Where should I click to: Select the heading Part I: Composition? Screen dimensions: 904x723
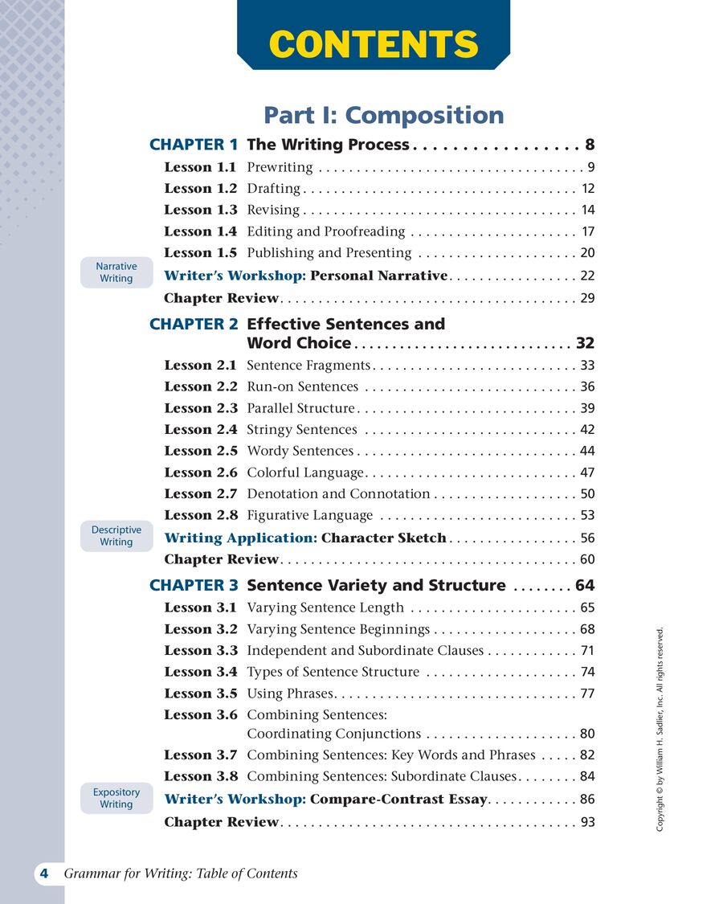tap(384, 115)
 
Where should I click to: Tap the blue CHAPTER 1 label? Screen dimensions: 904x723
tap(194, 145)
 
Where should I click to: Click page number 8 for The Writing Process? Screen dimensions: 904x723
tap(590, 145)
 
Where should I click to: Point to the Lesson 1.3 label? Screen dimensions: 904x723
tap(201, 210)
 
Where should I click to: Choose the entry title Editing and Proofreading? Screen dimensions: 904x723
tap(326, 231)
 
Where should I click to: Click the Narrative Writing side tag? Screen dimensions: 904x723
tap(116, 272)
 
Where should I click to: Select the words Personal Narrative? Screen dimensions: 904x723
tap(378, 276)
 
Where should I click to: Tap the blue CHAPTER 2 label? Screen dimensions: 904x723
tap(194, 325)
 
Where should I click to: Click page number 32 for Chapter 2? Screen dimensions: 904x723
tap(585, 344)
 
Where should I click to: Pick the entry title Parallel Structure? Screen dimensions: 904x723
tap(300, 408)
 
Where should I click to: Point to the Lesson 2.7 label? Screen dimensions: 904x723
tap(201, 494)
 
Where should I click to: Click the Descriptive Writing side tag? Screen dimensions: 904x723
tap(116, 536)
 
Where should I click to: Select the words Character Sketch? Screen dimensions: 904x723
tap(383, 538)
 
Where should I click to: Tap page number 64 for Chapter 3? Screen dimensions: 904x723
tap(585, 586)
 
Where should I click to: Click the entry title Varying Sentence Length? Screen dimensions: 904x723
tap(325, 608)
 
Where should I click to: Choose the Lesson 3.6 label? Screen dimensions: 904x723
tap(201, 714)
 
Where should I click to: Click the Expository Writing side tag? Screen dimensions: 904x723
tap(116, 798)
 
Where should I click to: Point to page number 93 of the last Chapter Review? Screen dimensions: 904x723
tap(587, 822)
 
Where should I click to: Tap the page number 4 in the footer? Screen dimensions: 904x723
tap(44, 873)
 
